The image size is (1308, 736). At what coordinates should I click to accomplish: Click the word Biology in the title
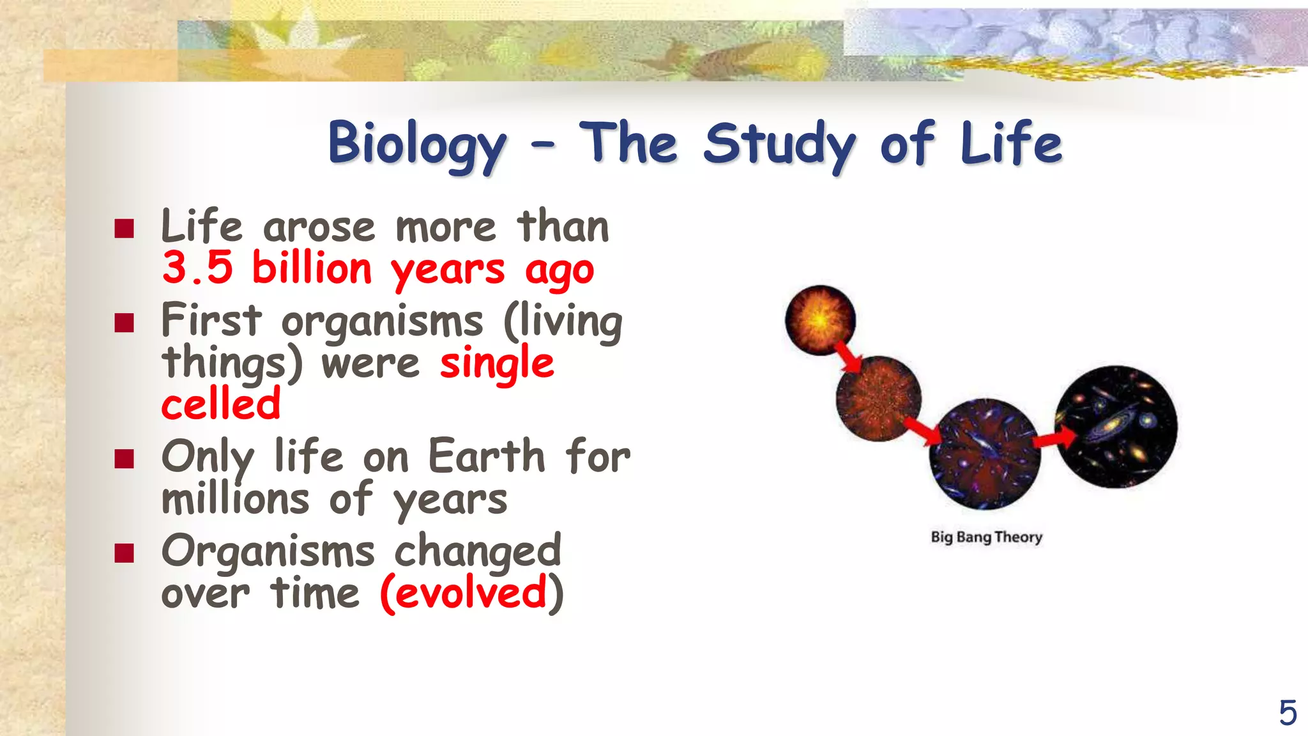tap(417, 144)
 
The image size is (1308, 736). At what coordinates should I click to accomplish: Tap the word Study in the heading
tap(779, 144)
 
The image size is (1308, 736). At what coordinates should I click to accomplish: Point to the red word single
tap(497, 363)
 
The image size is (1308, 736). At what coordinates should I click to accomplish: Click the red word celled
tap(221, 404)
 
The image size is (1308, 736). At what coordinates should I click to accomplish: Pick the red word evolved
tap(471, 593)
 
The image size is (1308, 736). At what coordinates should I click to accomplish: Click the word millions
tap(236, 499)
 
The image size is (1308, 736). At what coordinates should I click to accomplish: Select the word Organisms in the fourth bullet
tap(268, 551)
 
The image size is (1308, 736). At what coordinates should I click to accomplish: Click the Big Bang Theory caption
tap(986, 537)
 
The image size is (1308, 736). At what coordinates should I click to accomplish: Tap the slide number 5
tap(1288, 712)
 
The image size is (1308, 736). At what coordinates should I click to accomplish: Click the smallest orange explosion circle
tap(820, 320)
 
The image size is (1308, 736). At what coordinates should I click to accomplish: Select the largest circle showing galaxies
tap(1116, 427)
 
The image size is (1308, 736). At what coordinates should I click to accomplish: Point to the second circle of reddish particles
tap(879, 399)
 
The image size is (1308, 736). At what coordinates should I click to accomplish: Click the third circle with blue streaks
tap(984, 454)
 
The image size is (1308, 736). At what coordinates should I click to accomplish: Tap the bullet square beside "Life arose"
tap(125, 228)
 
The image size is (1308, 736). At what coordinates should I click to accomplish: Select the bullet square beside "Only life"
tap(125, 458)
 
